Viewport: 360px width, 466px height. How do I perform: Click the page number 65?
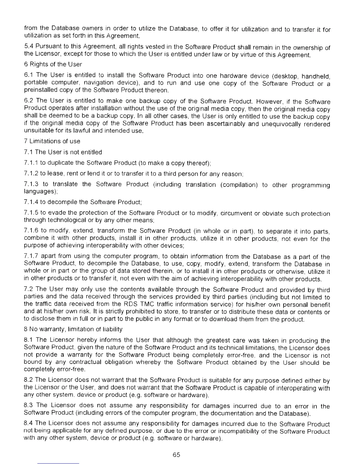(176, 455)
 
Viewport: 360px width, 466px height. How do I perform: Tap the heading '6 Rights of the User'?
(53, 64)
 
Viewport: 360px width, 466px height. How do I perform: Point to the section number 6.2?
(29, 101)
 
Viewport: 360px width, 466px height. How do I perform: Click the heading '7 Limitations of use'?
(52, 141)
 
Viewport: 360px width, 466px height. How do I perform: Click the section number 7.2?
(29, 290)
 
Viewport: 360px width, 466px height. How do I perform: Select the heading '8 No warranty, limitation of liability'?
(73, 329)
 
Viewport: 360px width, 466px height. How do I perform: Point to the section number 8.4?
(29, 423)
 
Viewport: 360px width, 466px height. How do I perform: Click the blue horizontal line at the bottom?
(58, 463)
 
